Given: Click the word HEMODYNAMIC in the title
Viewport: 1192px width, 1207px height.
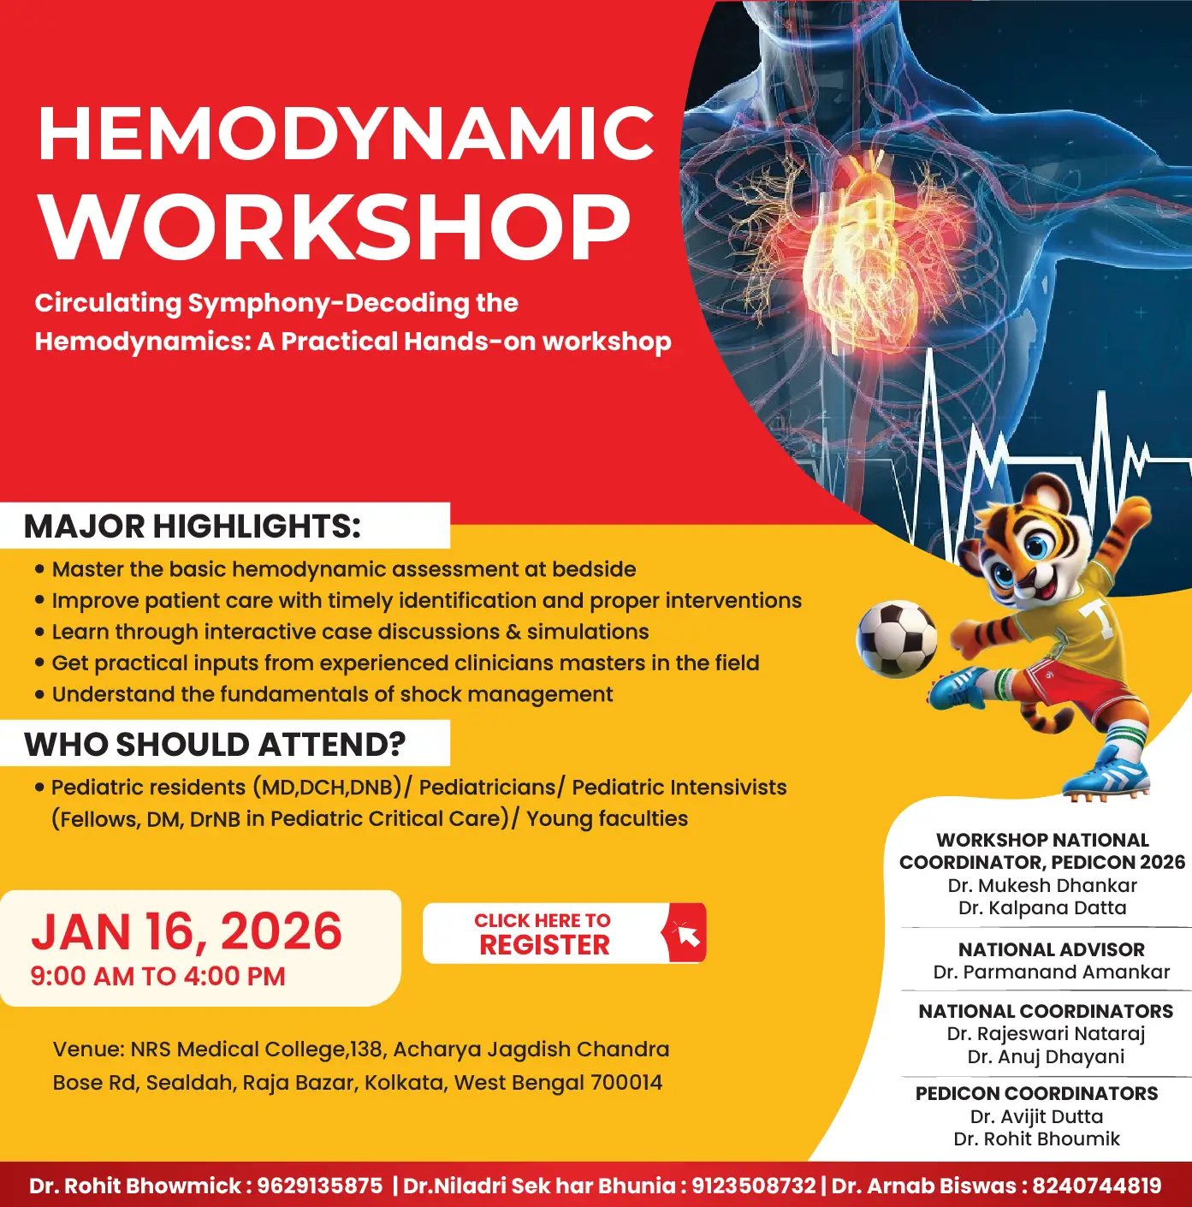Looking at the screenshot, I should point(346,134).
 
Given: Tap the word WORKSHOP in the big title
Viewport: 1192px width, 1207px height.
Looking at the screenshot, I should point(335,227).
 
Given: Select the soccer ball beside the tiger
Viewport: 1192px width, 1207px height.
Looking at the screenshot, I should point(896,639).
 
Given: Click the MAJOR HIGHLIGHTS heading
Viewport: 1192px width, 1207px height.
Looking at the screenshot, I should point(193,526).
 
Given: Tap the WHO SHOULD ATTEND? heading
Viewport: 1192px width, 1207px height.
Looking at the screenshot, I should point(215,745).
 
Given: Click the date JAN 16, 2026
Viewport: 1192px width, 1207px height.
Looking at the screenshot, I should point(187,931).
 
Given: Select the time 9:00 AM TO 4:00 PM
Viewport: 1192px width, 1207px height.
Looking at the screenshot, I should point(157,977).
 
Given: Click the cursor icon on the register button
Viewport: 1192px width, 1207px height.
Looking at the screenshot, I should point(685,933).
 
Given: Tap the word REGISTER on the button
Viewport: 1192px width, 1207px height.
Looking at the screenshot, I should point(544,945).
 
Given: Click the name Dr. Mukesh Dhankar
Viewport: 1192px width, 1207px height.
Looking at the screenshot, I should point(1042,885).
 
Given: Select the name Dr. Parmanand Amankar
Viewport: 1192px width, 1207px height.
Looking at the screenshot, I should point(1051,972).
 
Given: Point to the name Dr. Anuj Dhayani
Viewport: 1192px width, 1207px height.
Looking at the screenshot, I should point(1046,1056).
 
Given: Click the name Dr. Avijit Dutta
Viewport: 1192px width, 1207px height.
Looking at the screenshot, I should point(1036,1116).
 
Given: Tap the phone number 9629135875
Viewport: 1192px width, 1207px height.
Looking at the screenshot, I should point(320,1186).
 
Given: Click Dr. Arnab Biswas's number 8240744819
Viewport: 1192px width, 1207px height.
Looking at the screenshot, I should point(1097,1186).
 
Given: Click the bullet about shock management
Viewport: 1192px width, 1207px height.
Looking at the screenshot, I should point(332,694).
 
